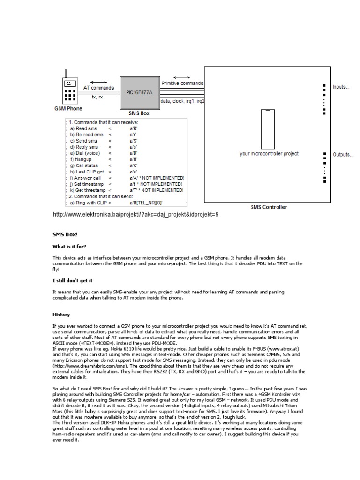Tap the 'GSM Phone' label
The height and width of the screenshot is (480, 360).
tap(68, 108)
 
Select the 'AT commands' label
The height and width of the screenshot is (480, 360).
tap(98, 88)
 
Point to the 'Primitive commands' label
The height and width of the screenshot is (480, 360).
tap(182, 83)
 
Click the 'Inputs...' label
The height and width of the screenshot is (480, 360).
tap(341, 87)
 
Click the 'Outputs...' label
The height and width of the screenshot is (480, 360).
tap(343, 154)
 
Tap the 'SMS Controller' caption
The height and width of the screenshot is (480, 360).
tap(269, 207)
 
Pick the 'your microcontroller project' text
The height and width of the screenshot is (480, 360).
tap(269, 153)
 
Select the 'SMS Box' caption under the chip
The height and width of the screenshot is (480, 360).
tap(139, 113)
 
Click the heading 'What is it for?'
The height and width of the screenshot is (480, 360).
tap(69, 246)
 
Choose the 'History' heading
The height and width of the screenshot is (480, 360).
tap(61, 315)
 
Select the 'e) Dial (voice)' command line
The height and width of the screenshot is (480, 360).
tap(85, 153)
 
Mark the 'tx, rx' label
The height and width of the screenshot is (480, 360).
tap(97, 97)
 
